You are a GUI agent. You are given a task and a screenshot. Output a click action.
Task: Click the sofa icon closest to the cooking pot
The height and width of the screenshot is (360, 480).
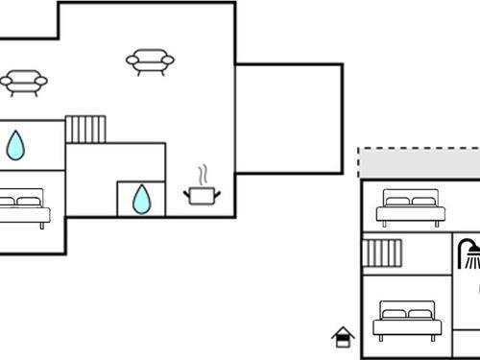(150, 62)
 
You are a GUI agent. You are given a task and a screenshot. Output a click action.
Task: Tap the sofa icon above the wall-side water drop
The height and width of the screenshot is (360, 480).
(24, 82)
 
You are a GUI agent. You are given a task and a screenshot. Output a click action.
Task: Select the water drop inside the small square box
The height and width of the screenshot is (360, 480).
(141, 199)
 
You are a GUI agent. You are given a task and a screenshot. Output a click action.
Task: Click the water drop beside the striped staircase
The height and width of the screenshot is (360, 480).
(15, 145)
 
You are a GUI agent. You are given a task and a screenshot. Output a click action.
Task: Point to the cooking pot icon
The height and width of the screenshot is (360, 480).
(202, 195)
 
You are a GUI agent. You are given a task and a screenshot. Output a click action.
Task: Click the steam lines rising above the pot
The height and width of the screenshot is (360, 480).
(202, 176)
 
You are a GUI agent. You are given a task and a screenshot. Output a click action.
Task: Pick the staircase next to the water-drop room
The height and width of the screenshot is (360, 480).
(85, 130)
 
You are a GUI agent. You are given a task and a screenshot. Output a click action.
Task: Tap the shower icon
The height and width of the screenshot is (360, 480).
(469, 253)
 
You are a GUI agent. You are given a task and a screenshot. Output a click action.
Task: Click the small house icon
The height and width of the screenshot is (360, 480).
(343, 337)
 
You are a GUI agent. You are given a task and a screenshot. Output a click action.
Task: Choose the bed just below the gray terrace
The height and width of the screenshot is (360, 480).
(410, 208)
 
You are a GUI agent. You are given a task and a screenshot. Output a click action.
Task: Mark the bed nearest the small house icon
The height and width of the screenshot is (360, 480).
(407, 320)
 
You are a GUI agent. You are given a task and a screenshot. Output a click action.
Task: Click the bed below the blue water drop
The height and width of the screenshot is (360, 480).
(23, 208)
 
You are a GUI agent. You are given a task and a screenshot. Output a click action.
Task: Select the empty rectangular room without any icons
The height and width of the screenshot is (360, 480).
(288, 118)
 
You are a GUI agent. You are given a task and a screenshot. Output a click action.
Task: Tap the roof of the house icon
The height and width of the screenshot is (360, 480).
(343, 331)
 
